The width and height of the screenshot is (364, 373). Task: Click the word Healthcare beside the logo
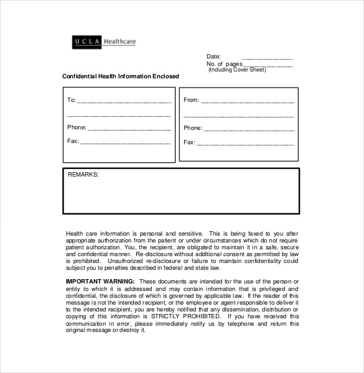[119, 42]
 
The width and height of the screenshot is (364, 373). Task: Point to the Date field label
[213, 57]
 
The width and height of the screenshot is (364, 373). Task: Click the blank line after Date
[267, 58]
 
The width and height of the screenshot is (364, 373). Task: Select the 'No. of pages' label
[223, 64]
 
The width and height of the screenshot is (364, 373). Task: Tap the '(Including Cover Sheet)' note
[237, 70]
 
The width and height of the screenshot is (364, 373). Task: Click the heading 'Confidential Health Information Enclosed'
[121, 76]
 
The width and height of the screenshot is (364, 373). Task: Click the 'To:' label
[71, 100]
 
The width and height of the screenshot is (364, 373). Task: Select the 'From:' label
[190, 100]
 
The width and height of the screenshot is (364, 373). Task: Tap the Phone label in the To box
[77, 127]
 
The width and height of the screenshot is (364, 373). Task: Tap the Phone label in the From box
[193, 128]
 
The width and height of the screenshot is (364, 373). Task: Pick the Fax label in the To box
[73, 141]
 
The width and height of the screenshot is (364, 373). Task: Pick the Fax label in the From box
[189, 142]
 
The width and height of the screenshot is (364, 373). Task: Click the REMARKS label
[83, 175]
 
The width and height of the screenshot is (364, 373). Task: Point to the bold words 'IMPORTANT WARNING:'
[100, 282]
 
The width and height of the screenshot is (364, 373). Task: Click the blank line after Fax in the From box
[245, 144]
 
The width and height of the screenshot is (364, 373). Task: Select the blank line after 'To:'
[124, 101]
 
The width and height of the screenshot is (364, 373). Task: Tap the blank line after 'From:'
[247, 101]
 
